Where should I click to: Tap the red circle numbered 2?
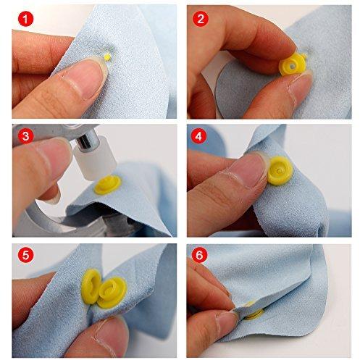tap(201, 18)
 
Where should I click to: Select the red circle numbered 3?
tap(25, 136)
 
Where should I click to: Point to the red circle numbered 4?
tap(198, 136)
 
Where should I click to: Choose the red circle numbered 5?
tap(25, 256)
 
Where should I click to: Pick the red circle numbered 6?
tap(199, 255)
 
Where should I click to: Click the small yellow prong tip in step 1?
tap(107, 57)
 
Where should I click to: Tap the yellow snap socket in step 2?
tap(293, 64)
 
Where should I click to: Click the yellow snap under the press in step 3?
tap(107, 185)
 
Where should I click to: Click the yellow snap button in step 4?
tap(280, 170)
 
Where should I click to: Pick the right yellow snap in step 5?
tap(112, 293)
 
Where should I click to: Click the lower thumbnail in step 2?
tap(298, 88)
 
